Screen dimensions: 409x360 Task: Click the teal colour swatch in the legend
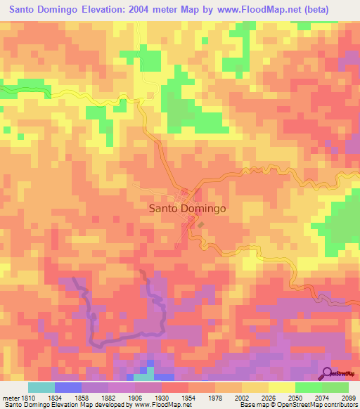41,387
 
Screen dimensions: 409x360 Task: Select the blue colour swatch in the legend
68,387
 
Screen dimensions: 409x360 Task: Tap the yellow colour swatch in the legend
282,387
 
